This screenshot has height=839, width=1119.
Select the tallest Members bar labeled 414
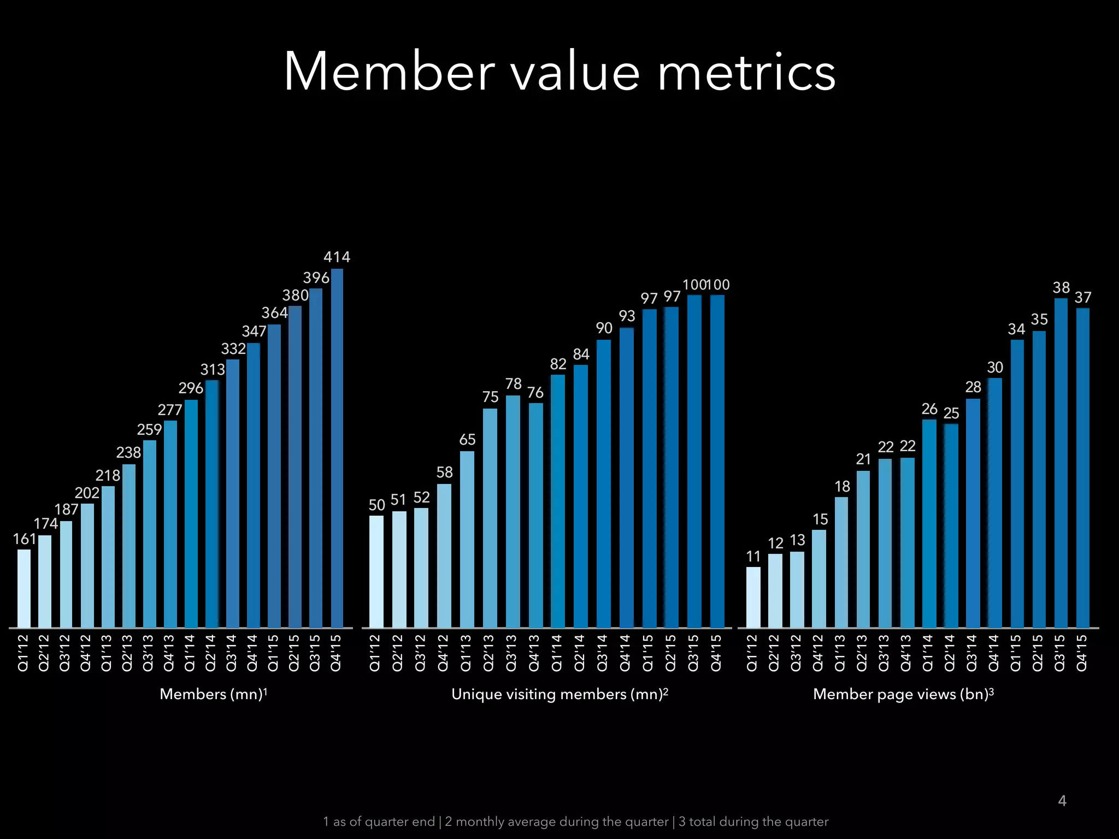(x=337, y=448)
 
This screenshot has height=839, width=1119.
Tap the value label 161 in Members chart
(x=25, y=539)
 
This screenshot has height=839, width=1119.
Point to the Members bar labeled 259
(x=150, y=534)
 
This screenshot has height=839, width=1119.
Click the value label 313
(x=213, y=370)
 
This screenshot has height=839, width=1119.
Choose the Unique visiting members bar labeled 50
(x=376, y=571)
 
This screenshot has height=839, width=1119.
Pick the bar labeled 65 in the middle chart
(x=467, y=539)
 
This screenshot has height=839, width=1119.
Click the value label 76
(x=535, y=393)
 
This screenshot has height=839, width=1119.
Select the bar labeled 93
(x=627, y=478)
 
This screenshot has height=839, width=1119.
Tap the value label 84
(x=581, y=354)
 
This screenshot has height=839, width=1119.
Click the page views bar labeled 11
(x=753, y=597)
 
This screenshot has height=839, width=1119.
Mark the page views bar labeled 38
(x=1061, y=463)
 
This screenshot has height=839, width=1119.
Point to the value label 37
(x=1083, y=298)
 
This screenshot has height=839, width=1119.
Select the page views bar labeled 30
(x=995, y=503)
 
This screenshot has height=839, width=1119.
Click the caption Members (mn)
(x=213, y=694)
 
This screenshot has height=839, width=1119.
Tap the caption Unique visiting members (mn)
(x=559, y=694)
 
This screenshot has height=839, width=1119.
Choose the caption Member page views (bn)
(x=903, y=694)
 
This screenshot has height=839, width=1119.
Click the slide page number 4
(x=1062, y=801)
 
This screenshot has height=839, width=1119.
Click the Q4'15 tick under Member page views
(x=1082, y=653)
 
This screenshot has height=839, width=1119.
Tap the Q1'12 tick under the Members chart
(x=23, y=653)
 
